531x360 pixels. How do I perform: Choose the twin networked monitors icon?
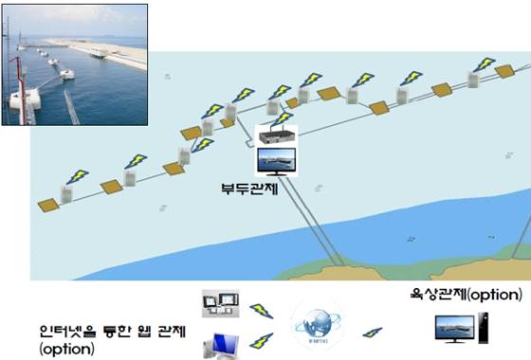pos(215,306)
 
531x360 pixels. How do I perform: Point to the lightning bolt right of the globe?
pos(373,333)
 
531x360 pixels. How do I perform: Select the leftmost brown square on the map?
pos(46,204)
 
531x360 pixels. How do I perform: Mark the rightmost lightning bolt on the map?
pos(484,63)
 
